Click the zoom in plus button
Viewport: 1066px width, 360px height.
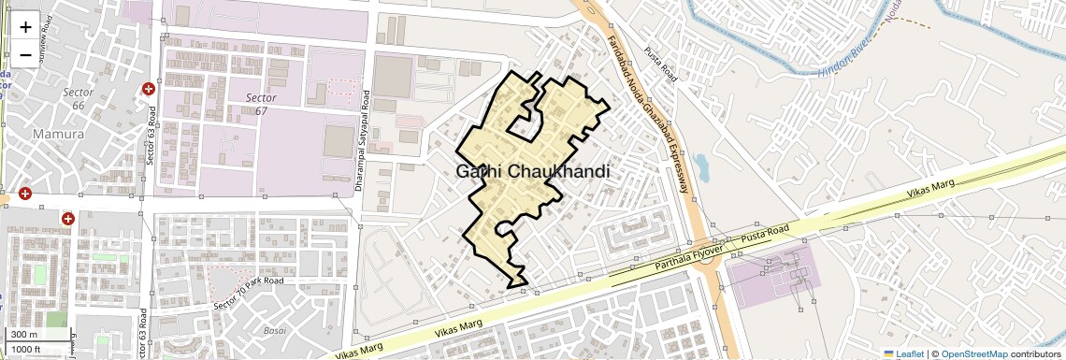tap(25, 27)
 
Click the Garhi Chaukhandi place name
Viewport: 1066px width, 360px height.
tap(533, 172)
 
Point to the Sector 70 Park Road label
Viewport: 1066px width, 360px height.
tap(248, 293)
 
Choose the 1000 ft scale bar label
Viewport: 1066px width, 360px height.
tap(29, 349)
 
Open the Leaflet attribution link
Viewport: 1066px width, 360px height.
tap(903, 353)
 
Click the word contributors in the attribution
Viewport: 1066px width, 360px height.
tap(1036, 353)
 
